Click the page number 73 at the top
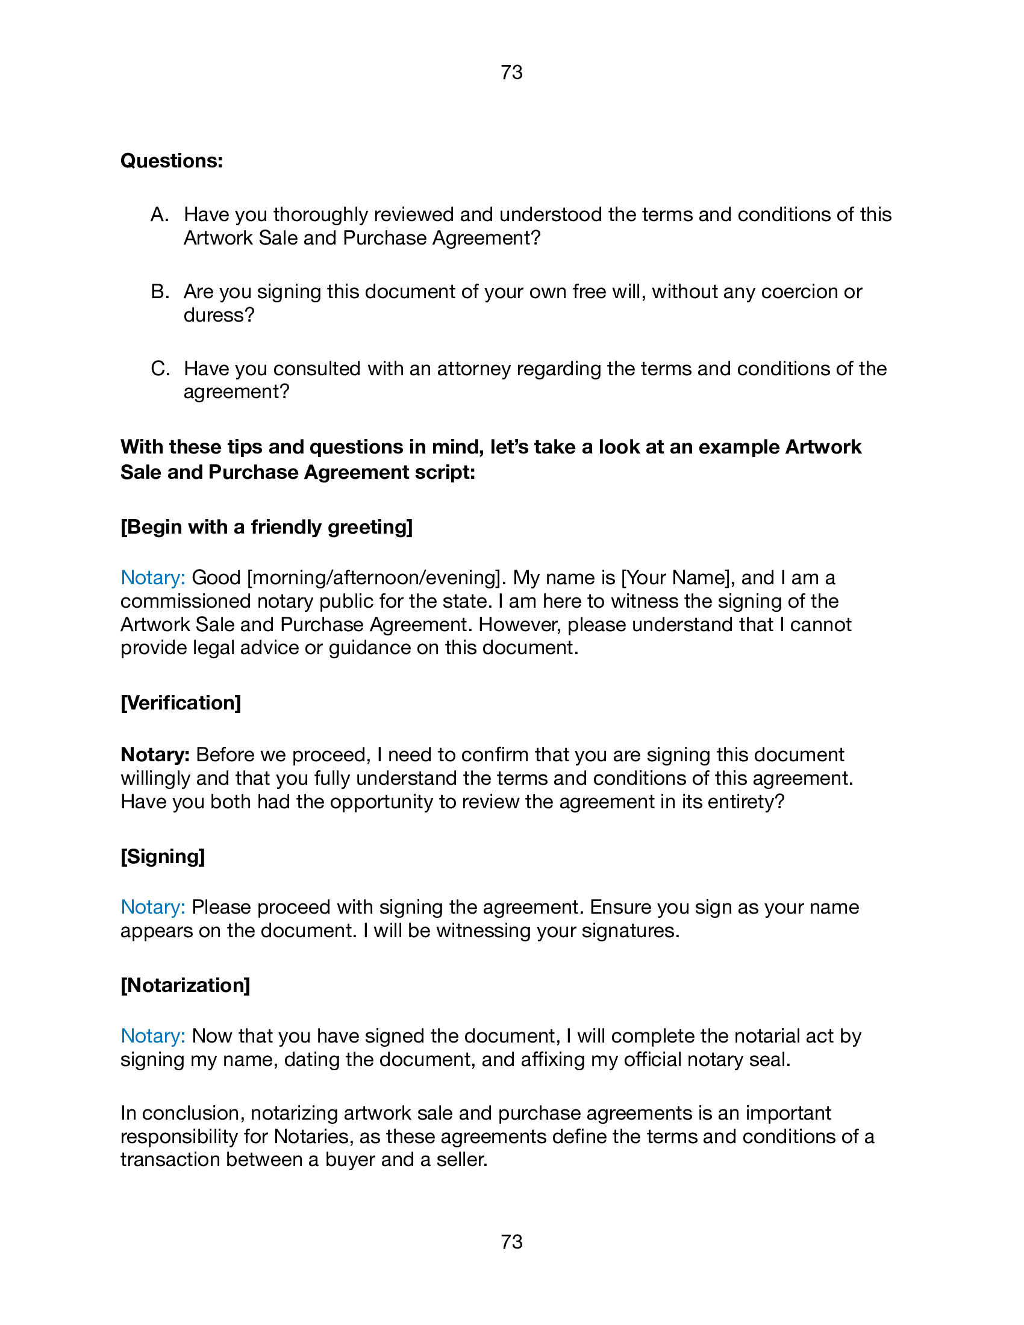pos(511,73)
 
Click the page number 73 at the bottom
pos(511,1242)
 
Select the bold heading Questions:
pos(172,161)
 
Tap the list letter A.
pos(159,215)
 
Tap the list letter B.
pos(159,292)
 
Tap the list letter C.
pos(160,369)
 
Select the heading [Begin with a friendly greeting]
pos(266,526)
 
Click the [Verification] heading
pos(181,702)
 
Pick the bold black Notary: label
pos(155,755)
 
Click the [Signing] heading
pos(163,856)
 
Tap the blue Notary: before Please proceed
pos(152,907)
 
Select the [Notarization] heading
pos(185,985)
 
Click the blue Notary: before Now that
pos(152,1037)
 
